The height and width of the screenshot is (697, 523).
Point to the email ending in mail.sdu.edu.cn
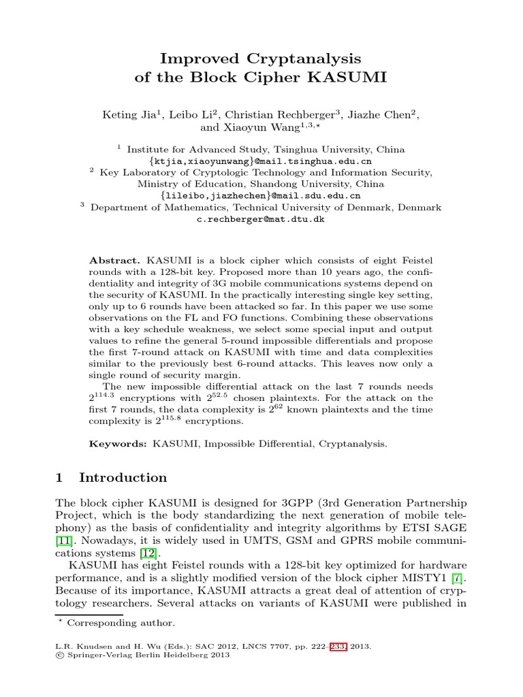[x=261, y=196]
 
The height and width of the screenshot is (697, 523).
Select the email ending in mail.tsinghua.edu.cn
[x=261, y=161]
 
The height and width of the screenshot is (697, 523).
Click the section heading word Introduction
[x=123, y=477]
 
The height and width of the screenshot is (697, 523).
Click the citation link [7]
[x=460, y=579]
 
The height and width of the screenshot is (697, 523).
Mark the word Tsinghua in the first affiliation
[x=293, y=149]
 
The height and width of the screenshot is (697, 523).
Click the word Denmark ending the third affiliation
[x=419, y=208]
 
